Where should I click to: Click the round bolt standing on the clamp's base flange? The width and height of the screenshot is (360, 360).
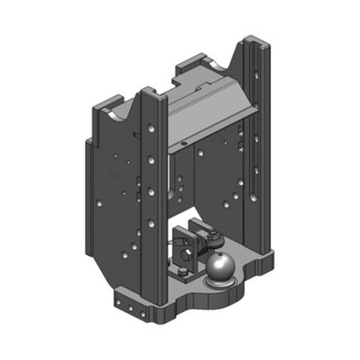coord(183,271)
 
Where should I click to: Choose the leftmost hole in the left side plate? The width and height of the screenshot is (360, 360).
coord(99,204)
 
